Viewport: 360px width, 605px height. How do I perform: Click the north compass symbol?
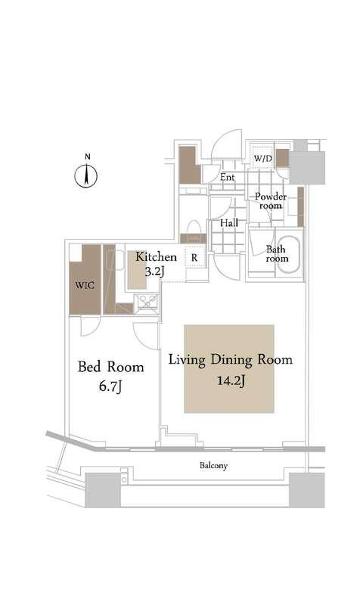click(x=85, y=175)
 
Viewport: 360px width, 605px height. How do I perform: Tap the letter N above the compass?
click(x=88, y=157)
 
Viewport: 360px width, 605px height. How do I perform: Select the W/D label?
click(x=262, y=158)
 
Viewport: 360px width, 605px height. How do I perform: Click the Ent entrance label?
click(x=227, y=178)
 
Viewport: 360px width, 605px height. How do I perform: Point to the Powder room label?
click(x=271, y=201)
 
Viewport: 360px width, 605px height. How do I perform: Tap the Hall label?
click(x=229, y=223)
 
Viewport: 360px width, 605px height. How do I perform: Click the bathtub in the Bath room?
click(x=289, y=254)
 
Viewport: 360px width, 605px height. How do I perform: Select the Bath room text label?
click(x=277, y=254)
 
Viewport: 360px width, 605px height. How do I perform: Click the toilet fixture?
click(x=194, y=228)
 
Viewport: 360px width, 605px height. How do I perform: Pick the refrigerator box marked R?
click(x=194, y=257)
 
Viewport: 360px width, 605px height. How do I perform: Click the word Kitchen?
click(x=156, y=257)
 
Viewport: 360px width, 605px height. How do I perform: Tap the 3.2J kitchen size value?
click(x=155, y=271)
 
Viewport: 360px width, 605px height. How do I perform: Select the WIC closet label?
click(x=85, y=286)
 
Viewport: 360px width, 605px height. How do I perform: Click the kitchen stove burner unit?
click(x=146, y=301)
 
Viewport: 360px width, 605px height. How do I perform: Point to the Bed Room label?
click(x=110, y=367)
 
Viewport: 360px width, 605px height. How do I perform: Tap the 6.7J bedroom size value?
click(x=110, y=386)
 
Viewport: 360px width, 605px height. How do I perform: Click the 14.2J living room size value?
click(x=231, y=381)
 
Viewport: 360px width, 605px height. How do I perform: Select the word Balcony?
click(x=213, y=466)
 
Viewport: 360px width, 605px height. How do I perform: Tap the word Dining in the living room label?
click(x=231, y=360)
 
